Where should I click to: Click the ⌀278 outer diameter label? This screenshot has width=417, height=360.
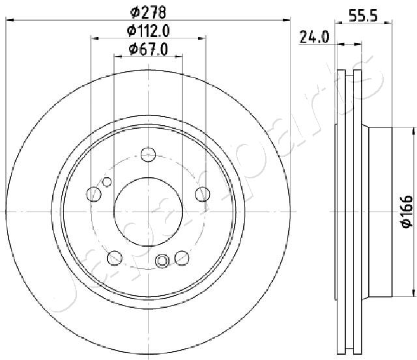click(148, 12)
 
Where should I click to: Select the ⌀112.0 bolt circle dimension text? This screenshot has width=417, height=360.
click(148, 31)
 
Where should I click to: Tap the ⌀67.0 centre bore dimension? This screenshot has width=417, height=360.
click(148, 49)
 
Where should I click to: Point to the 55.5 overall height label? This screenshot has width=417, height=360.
click(363, 16)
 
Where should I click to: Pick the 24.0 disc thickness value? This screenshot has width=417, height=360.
click(314, 37)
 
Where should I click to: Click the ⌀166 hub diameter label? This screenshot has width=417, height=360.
click(407, 212)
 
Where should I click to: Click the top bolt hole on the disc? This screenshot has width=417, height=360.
click(148, 154)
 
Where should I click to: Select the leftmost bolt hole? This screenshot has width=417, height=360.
click(94, 194)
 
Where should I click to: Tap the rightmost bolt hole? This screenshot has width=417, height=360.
click(203, 194)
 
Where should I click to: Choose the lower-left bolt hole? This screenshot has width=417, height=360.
click(115, 258)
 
